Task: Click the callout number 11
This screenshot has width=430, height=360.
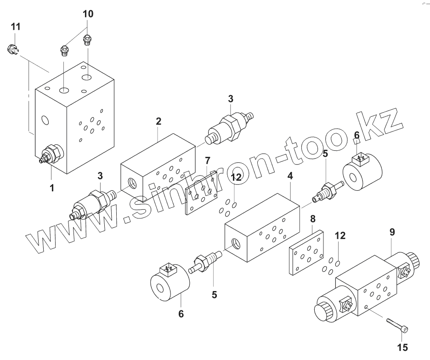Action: coord(16,27)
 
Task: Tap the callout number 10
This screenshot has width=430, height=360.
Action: coord(88,14)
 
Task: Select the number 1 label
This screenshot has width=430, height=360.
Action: coord(52,188)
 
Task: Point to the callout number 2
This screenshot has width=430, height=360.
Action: coord(158,121)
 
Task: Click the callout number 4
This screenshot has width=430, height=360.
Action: coord(290,176)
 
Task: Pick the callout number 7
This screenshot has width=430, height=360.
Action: coord(208,160)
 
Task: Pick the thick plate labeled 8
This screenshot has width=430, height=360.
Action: coord(306,252)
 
